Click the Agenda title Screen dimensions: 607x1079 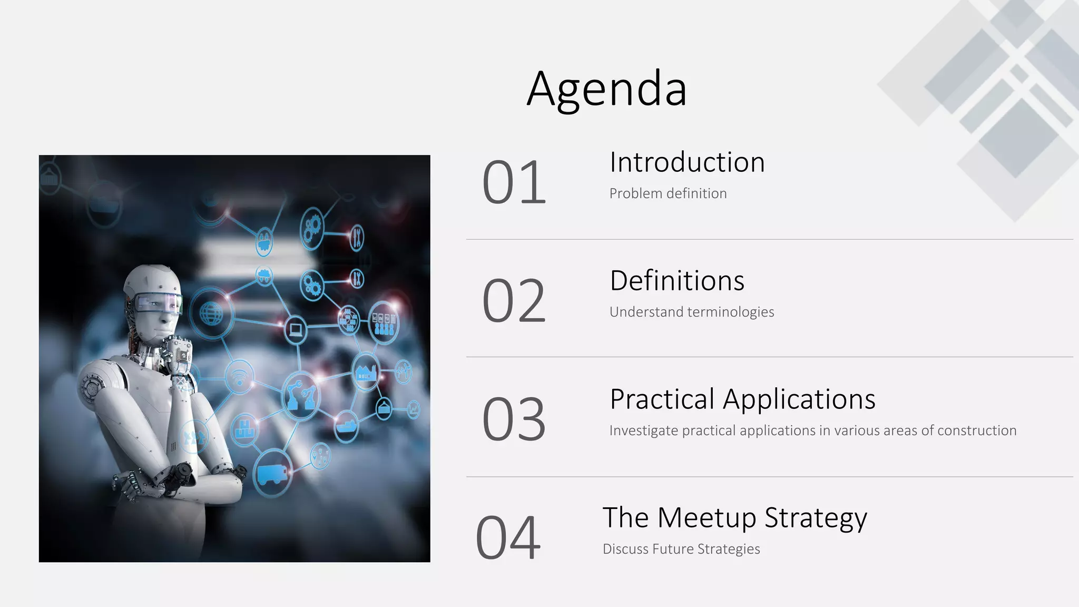607,89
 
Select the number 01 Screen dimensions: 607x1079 514,183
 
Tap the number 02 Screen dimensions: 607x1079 514,301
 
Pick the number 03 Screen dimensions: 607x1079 514,420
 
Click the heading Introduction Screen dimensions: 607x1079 687,162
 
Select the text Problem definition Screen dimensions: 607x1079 668,193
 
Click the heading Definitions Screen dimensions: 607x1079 677,281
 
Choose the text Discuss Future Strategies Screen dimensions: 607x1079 681,549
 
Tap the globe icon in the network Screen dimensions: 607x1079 211,314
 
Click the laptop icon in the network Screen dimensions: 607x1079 296,330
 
